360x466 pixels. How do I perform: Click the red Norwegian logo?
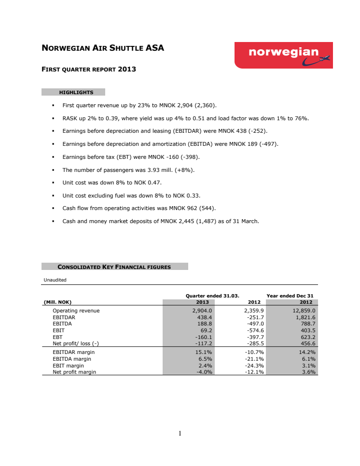click(283, 55)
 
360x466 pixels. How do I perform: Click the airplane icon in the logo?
click(323, 59)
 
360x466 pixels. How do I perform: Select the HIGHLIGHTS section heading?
click(76, 92)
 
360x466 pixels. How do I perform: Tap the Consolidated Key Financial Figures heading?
click(114, 267)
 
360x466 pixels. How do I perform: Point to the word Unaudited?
click(55, 280)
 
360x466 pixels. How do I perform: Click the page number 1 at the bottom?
click(180, 433)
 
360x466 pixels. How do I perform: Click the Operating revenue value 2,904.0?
click(202, 311)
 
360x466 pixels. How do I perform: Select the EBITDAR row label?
click(63, 317)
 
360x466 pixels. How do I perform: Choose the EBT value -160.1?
click(203, 337)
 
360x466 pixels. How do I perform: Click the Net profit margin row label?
click(74, 372)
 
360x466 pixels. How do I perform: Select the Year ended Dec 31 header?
click(290, 296)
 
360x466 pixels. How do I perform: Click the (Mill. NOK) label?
click(57, 302)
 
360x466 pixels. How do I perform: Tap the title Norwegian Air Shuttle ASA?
click(103, 48)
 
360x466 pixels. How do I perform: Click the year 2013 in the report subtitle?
click(127, 69)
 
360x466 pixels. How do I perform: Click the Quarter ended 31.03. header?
click(213, 296)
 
